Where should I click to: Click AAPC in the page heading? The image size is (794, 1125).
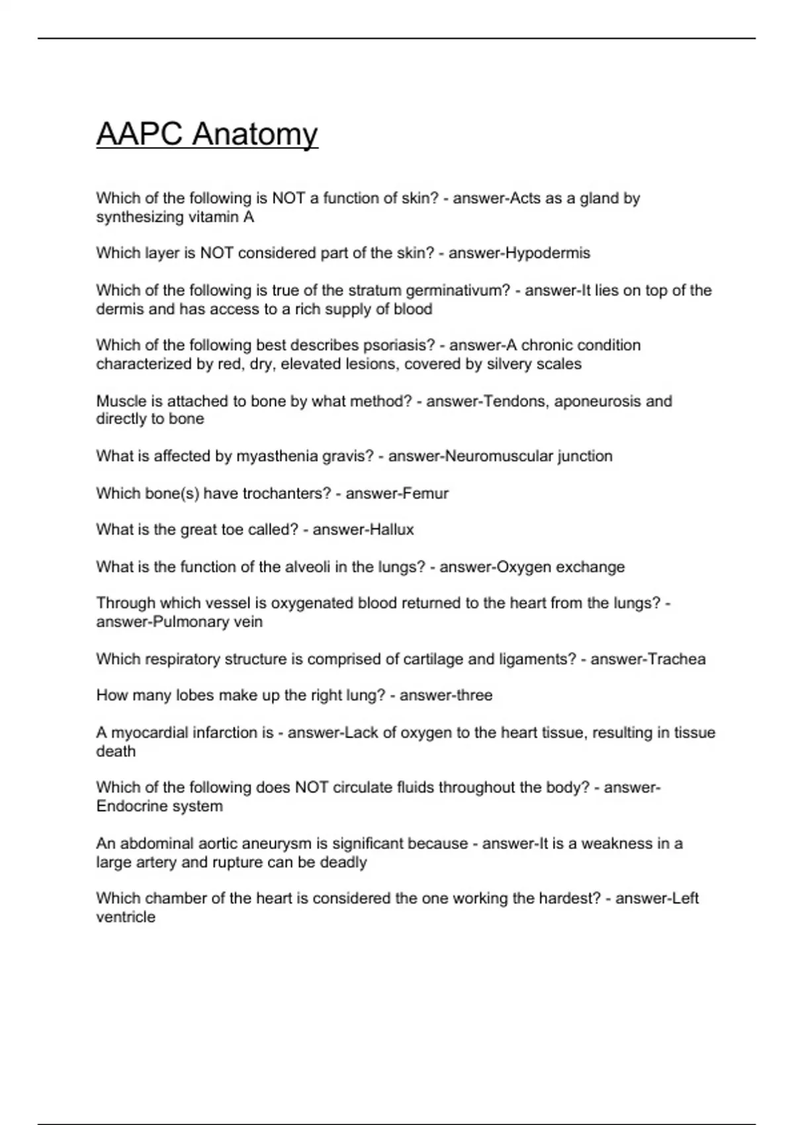click(x=140, y=134)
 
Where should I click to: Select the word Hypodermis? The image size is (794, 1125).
click(x=547, y=253)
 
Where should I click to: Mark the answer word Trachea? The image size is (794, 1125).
click(x=676, y=659)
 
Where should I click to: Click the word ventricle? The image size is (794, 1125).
click(x=126, y=917)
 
